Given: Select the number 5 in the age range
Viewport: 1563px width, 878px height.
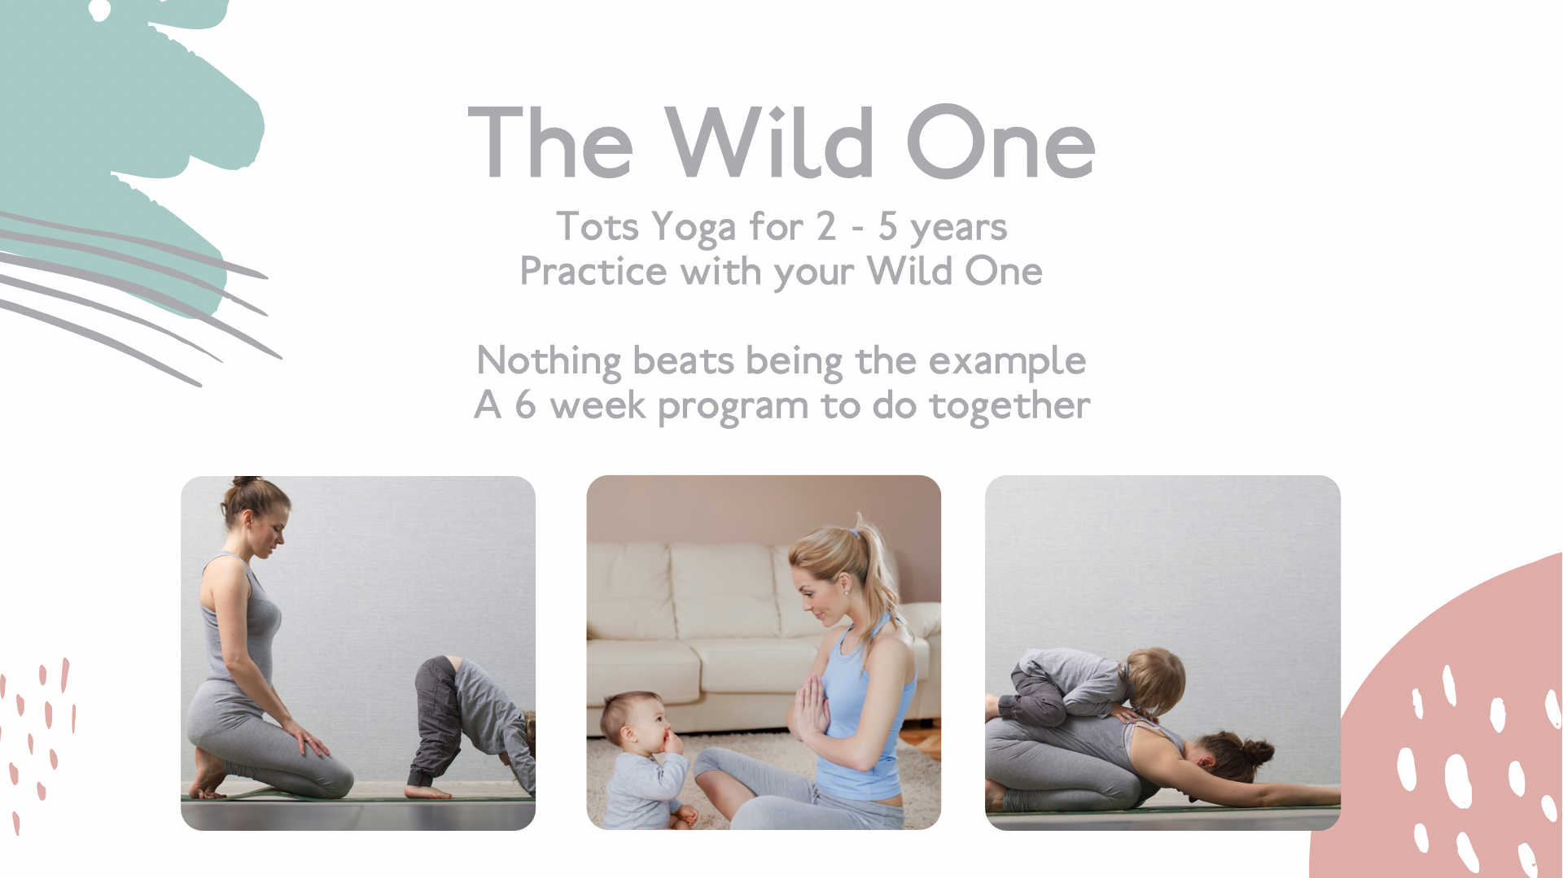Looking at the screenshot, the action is (x=887, y=226).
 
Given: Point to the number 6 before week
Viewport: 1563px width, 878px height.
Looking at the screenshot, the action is (x=525, y=404).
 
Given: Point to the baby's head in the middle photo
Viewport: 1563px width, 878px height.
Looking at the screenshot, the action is (x=633, y=721).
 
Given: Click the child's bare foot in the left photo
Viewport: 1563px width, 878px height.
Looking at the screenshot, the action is (x=428, y=791).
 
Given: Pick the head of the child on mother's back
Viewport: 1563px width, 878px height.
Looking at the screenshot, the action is (x=1155, y=679).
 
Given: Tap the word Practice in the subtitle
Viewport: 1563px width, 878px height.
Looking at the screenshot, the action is (x=593, y=272).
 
